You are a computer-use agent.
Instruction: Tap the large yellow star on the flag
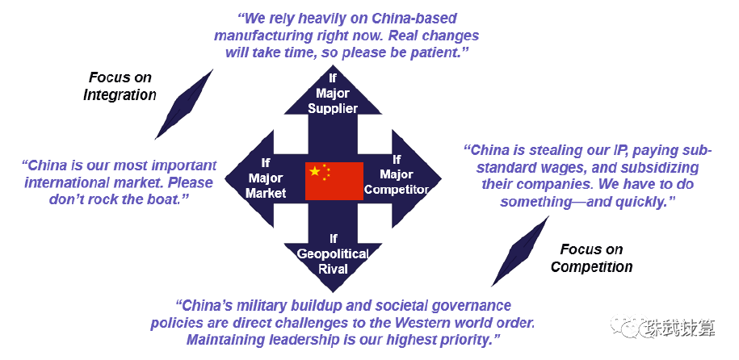pos(314,172)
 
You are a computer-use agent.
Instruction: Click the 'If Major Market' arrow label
pos(266,178)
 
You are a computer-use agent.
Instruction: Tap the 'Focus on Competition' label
pos(591,258)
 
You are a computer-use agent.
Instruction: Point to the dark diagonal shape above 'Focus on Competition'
pos(521,252)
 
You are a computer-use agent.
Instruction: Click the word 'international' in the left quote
pos(69,182)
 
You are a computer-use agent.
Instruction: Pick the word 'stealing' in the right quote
pos(552,151)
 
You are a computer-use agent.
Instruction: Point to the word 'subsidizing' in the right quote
pos(662,168)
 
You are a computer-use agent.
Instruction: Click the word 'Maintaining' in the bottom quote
pos(232,341)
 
